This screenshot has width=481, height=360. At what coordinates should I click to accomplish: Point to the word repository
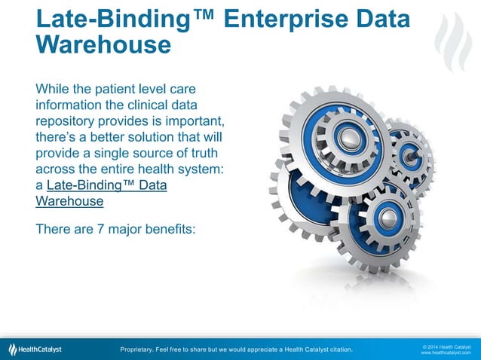point(68,121)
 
